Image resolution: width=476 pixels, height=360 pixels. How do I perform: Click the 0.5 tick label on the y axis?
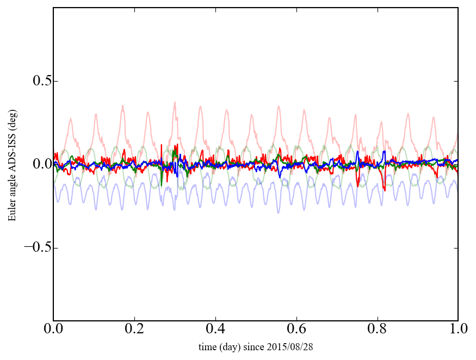point(36,81)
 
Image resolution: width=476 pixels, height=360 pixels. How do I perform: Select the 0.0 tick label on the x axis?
point(53,330)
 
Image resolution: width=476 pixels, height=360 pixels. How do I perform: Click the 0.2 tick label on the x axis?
point(134,330)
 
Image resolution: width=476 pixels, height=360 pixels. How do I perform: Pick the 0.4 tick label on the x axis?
point(215,330)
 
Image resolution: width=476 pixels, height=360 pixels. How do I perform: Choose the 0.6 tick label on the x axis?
point(296,330)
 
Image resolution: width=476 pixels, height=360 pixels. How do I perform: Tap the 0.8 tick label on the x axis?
point(377,330)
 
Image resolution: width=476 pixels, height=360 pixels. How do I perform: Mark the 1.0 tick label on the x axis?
point(458,330)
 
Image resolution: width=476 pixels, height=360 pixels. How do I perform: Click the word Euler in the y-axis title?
point(12,212)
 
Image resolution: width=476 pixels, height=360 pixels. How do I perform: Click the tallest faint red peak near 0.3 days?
point(175,102)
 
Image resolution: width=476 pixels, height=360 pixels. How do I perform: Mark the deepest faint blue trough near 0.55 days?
point(279,212)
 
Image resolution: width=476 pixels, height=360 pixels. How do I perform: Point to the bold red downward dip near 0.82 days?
point(385,190)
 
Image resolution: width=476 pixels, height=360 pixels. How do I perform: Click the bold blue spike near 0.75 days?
point(357,152)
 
